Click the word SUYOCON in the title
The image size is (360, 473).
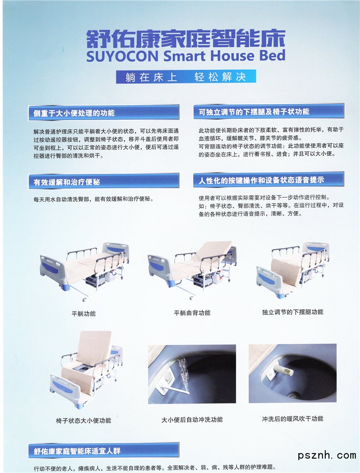pyautogui.click(x=122, y=57)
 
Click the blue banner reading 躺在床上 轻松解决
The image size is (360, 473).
pyautogui.click(x=186, y=77)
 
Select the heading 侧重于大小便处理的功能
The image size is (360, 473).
pyautogui.click(x=74, y=113)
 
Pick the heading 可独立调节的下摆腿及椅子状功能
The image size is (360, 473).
pyautogui.click(x=254, y=112)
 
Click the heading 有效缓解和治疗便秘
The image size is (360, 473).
pyautogui.click(x=67, y=182)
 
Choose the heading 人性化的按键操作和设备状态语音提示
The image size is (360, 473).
pyautogui.click(x=261, y=180)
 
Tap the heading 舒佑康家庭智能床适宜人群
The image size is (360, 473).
pyautogui.click(x=77, y=451)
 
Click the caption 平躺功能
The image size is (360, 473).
pyautogui.click(x=83, y=314)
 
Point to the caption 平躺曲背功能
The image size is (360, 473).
pyautogui.click(x=192, y=313)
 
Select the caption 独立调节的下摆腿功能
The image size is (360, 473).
pyautogui.click(x=292, y=312)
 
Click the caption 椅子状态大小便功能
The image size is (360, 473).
pyautogui.click(x=83, y=420)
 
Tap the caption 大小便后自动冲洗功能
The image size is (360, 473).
pyautogui.click(x=192, y=419)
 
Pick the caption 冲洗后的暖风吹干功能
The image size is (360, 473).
pyautogui.click(x=292, y=418)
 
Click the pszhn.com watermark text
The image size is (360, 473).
pyautogui.click(x=327, y=455)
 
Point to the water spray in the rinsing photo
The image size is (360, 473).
pyautogui.click(x=183, y=371)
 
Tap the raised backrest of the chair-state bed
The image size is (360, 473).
pyautogui.click(x=94, y=347)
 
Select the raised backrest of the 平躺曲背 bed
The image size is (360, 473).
pyautogui.click(x=213, y=250)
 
